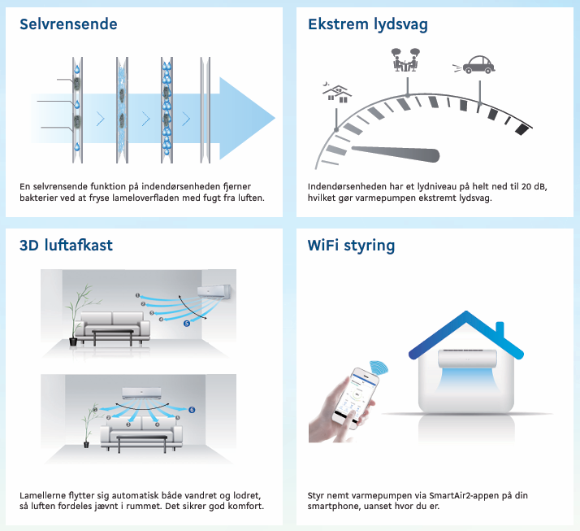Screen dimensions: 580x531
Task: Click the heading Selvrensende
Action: (x=68, y=24)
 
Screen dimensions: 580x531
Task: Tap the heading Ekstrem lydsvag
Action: (x=368, y=25)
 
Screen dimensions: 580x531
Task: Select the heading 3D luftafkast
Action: (x=66, y=245)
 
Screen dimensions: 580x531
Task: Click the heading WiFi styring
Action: (x=351, y=246)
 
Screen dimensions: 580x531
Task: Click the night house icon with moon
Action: (x=337, y=92)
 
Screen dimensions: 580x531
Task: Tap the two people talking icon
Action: (x=405, y=60)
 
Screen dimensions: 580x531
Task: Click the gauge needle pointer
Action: (x=396, y=154)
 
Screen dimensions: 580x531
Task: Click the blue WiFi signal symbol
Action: (x=379, y=367)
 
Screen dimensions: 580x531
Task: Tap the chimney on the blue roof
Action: (x=500, y=331)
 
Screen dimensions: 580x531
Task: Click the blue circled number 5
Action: (x=187, y=324)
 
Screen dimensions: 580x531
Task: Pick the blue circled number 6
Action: (x=192, y=410)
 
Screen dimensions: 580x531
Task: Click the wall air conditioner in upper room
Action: (x=214, y=292)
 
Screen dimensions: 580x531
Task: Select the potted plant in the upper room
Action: (x=79, y=316)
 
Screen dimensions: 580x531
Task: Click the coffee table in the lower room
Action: (x=142, y=443)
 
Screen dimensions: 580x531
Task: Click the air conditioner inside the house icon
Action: (x=468, y=359)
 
